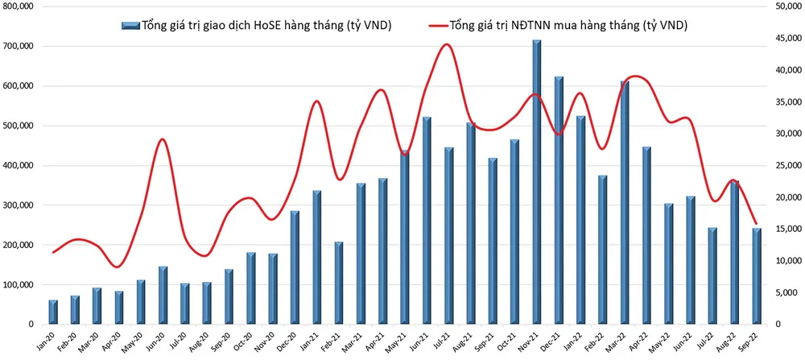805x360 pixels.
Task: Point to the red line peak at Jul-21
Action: coord(448,44)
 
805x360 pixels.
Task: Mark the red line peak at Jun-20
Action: coord(163,139)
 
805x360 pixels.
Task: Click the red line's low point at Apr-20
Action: coord(118,267)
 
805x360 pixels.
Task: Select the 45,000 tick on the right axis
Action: coord(785,39)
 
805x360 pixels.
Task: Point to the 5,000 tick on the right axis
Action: coord(787,293)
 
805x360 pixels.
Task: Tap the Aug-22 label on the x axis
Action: coord(732,341)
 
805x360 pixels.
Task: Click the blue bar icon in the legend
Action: coord(130,26)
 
